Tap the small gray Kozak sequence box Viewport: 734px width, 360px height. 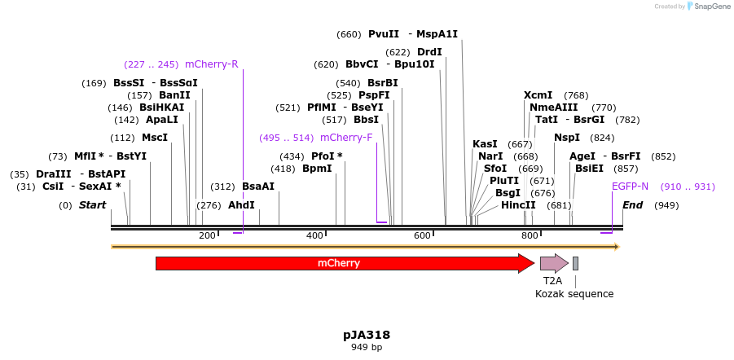click(575, 263)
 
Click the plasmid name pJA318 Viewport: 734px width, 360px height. click(367, 335)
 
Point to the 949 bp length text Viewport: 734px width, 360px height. click(367, 348)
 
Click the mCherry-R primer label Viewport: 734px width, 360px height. click(212, 64)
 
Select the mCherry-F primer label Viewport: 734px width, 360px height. click(345, 138)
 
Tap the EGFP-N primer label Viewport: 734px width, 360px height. click(631, 187)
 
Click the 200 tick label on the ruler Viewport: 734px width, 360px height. click(207, 235)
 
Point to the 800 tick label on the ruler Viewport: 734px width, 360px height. click(530, 235)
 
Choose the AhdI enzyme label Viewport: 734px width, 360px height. click(241, 205)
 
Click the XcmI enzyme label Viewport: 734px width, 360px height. click(538, 95)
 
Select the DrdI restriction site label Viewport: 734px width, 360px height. click(429, 52)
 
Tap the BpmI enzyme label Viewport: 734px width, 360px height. click(317, 169)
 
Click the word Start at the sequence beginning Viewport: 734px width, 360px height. click(92, 205)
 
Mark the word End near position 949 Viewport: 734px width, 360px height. click(633, 205)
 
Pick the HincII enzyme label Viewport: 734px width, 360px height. click(518, 205)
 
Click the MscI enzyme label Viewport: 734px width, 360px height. click(155, 138)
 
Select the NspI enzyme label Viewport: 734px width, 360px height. click(567, 138)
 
